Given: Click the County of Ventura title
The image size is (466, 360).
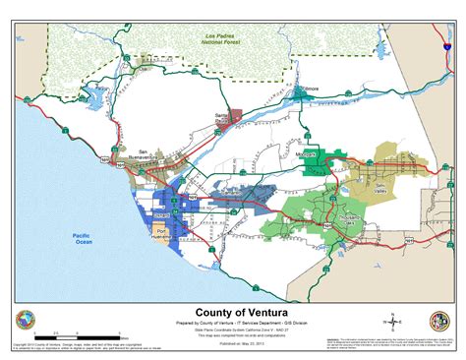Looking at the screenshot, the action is (x=232, y=307).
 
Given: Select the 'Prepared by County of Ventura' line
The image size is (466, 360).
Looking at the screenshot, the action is (x=232, y=321).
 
